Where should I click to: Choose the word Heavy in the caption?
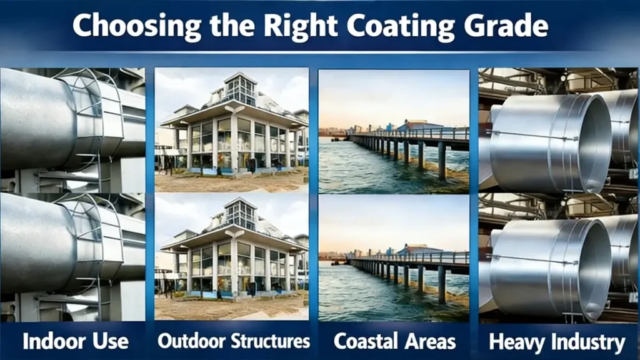516,342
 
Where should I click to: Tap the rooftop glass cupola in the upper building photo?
240,88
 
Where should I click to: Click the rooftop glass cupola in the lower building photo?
240,212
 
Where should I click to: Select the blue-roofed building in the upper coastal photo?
417,125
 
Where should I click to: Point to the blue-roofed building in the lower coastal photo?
417,249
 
